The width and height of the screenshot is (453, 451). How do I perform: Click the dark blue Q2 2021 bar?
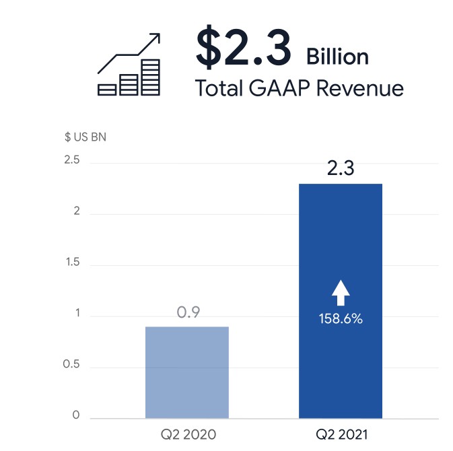(x=341, y=256)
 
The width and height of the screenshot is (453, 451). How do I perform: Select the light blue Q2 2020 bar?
(x=187, y=372)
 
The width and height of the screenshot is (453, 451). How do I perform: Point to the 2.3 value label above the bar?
(x=341, y=169)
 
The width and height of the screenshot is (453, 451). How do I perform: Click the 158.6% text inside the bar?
(x=341, y=318)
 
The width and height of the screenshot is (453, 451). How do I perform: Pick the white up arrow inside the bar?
(x=341, y=291)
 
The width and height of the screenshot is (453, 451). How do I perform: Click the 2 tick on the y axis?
(x=77, y=211)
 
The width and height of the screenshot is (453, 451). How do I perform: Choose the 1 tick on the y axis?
(x=77, y=314)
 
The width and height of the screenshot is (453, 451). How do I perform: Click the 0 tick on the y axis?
(x=77, y=415)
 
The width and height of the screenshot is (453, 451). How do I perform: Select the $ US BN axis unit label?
(x=85, y=137)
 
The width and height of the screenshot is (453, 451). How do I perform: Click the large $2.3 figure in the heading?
(x=244, y=47)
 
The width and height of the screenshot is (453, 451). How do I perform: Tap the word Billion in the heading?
(x=337, y=57)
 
